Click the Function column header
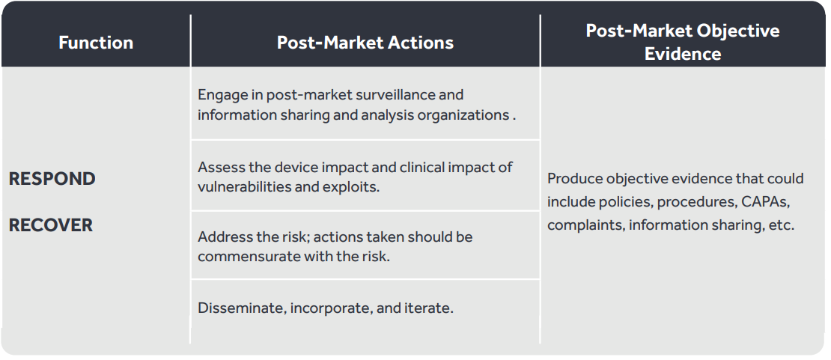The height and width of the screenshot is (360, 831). (x=96, y=43)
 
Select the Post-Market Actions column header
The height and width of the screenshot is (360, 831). (x=365, y=43)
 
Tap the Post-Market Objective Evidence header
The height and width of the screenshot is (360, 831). (x=683, y=42)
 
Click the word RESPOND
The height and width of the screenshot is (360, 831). (x=52, y=179)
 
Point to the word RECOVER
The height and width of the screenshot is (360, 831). (x=51, y=225)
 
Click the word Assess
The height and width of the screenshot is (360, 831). (x=217, y=167)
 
